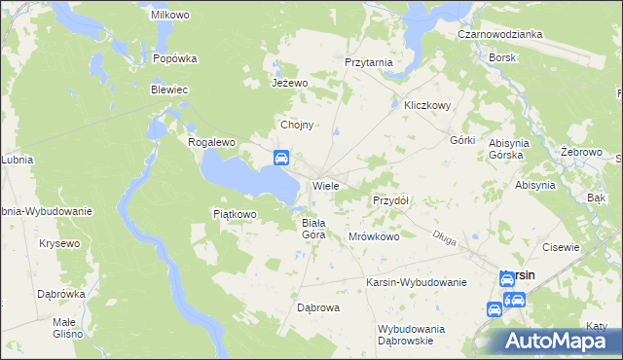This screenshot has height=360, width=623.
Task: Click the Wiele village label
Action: tap(325, 185)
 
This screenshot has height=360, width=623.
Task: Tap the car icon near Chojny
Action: tap(280, 158)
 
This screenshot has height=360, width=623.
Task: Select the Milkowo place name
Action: tap(168, 16)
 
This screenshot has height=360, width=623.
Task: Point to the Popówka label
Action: tap(175, 58)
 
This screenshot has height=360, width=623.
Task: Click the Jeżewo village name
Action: tap(289, 83)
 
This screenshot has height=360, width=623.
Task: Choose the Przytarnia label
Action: tap(369, 62)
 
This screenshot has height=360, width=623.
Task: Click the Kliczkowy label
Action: tap(421, 106)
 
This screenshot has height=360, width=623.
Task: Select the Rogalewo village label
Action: tap(212, 142)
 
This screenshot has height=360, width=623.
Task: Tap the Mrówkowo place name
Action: tap(374, 236)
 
